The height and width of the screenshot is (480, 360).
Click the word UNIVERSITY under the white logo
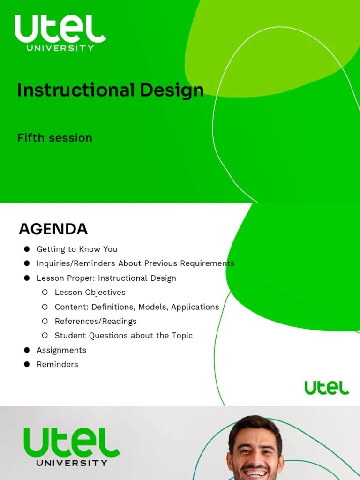click(x=60, y=48)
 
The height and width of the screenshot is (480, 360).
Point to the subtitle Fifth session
click(x=54, y=138)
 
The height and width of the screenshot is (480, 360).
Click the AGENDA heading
click(x=53, y=229)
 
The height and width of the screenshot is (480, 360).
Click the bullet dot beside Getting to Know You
click(x=27, y=249)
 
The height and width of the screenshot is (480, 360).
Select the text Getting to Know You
click(x=77, y=249)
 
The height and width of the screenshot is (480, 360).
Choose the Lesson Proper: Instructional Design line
click(x=106, y=278)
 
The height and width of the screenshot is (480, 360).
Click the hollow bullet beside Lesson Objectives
click(x=45, y=292)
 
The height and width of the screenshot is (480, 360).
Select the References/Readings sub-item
click(x=96, y=321)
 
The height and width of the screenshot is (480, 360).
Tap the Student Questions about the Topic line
click(x=123, y=336)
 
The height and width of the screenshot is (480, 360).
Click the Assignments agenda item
click(x=61, y=350)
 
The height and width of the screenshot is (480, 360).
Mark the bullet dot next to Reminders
click(x=27, y=364)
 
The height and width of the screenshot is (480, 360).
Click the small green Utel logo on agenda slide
click(x=327, y=388)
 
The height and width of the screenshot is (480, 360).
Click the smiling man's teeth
click(x=256, y=473)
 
